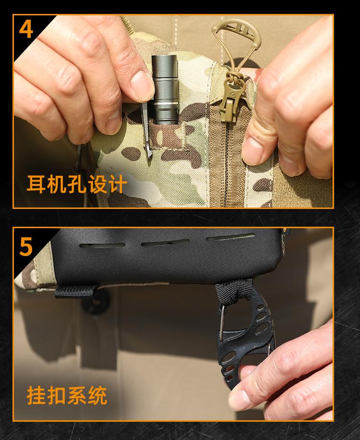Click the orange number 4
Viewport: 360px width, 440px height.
click(x=26, y=29)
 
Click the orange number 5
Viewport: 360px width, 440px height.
click(x=26, y=246)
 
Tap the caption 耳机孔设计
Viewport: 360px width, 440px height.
click(x=76, y=184)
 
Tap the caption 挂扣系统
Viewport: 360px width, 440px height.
click(x=67, y=395)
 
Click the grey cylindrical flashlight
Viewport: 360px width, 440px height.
click(x=165, y=89)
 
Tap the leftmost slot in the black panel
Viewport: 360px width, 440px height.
click(x=102, y=245)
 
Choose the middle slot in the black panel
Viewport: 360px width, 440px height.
click(x=165, y=243)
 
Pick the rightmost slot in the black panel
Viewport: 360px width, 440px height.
click(x=230, y=237)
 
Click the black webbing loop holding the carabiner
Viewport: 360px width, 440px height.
click(x=233, y=292)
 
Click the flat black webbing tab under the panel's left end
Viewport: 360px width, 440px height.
click(x=75, y=292)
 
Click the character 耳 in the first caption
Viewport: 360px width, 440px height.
click(x=36, y=184)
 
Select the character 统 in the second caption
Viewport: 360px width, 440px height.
click(x=97, y=396)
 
